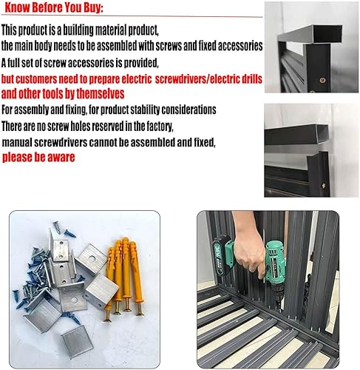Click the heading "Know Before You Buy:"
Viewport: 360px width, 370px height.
(54, 7)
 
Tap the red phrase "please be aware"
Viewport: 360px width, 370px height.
(38, 158)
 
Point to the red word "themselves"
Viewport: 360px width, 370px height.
(101, 94)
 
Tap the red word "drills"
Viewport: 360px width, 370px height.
(251, 79)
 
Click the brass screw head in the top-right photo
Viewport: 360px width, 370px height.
(322, 80)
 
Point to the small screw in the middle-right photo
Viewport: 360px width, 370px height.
(323, 185)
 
